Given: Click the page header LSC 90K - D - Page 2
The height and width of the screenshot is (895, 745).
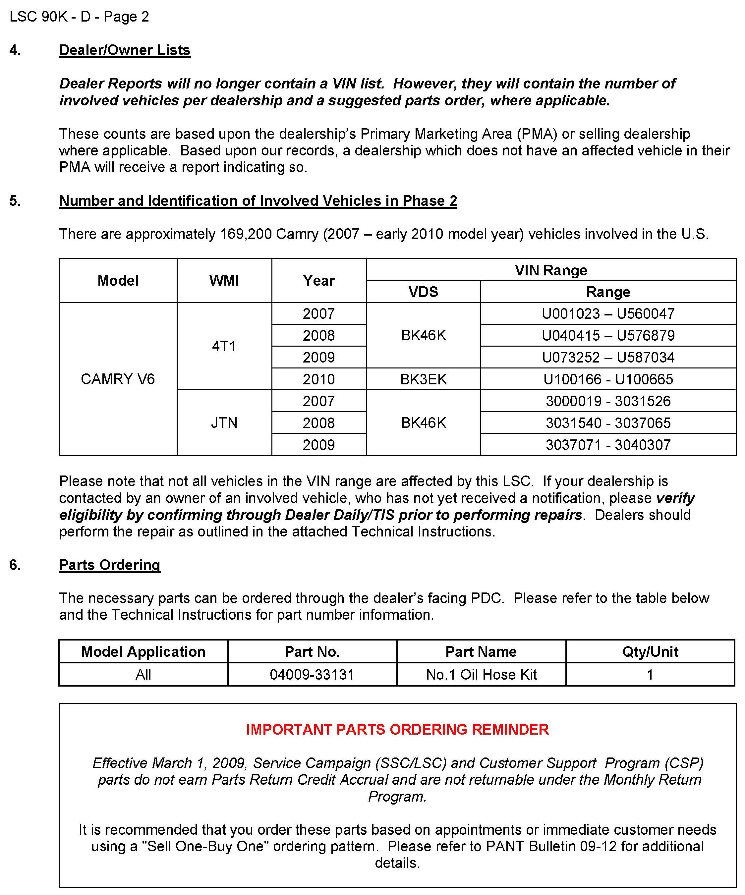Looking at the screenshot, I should [79, 17].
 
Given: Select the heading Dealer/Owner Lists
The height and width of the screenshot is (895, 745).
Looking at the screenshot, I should [125, 50].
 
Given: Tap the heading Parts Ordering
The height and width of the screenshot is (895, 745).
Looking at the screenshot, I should [110, 565].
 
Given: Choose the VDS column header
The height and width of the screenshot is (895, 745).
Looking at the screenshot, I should [423, 292].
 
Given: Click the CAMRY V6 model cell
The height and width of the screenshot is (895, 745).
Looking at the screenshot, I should [118, 379].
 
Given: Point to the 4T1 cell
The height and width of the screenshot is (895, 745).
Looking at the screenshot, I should [224, 346].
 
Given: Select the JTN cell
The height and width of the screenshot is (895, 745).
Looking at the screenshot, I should [224, 423].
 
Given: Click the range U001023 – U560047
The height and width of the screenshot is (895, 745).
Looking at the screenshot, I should [608, 314].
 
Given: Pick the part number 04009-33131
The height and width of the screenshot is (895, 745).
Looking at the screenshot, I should [312, 675].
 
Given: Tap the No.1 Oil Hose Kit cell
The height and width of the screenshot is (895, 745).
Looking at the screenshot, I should [481, 675].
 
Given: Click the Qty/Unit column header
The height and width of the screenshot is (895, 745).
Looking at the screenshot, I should [650, 652].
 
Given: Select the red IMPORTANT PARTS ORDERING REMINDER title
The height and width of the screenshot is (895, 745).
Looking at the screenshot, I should [397, 730].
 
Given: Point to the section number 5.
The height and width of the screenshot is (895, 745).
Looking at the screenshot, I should [15, 201].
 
